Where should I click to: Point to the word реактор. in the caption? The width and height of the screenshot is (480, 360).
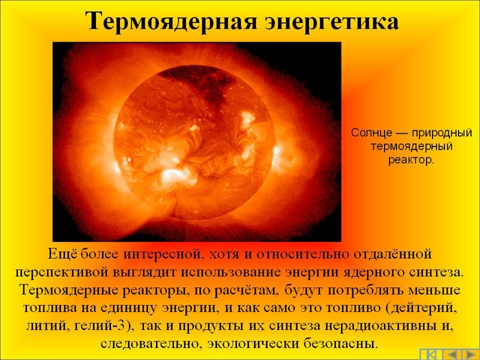(x=411, y=160)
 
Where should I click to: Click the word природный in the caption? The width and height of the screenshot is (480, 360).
(x=442, y=133)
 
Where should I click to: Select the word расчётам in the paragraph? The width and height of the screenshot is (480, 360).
(x=246, y=290)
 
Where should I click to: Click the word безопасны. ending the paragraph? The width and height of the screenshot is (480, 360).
(x=341, y=343)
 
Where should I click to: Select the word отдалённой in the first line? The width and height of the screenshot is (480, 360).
(x=392, y=254)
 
